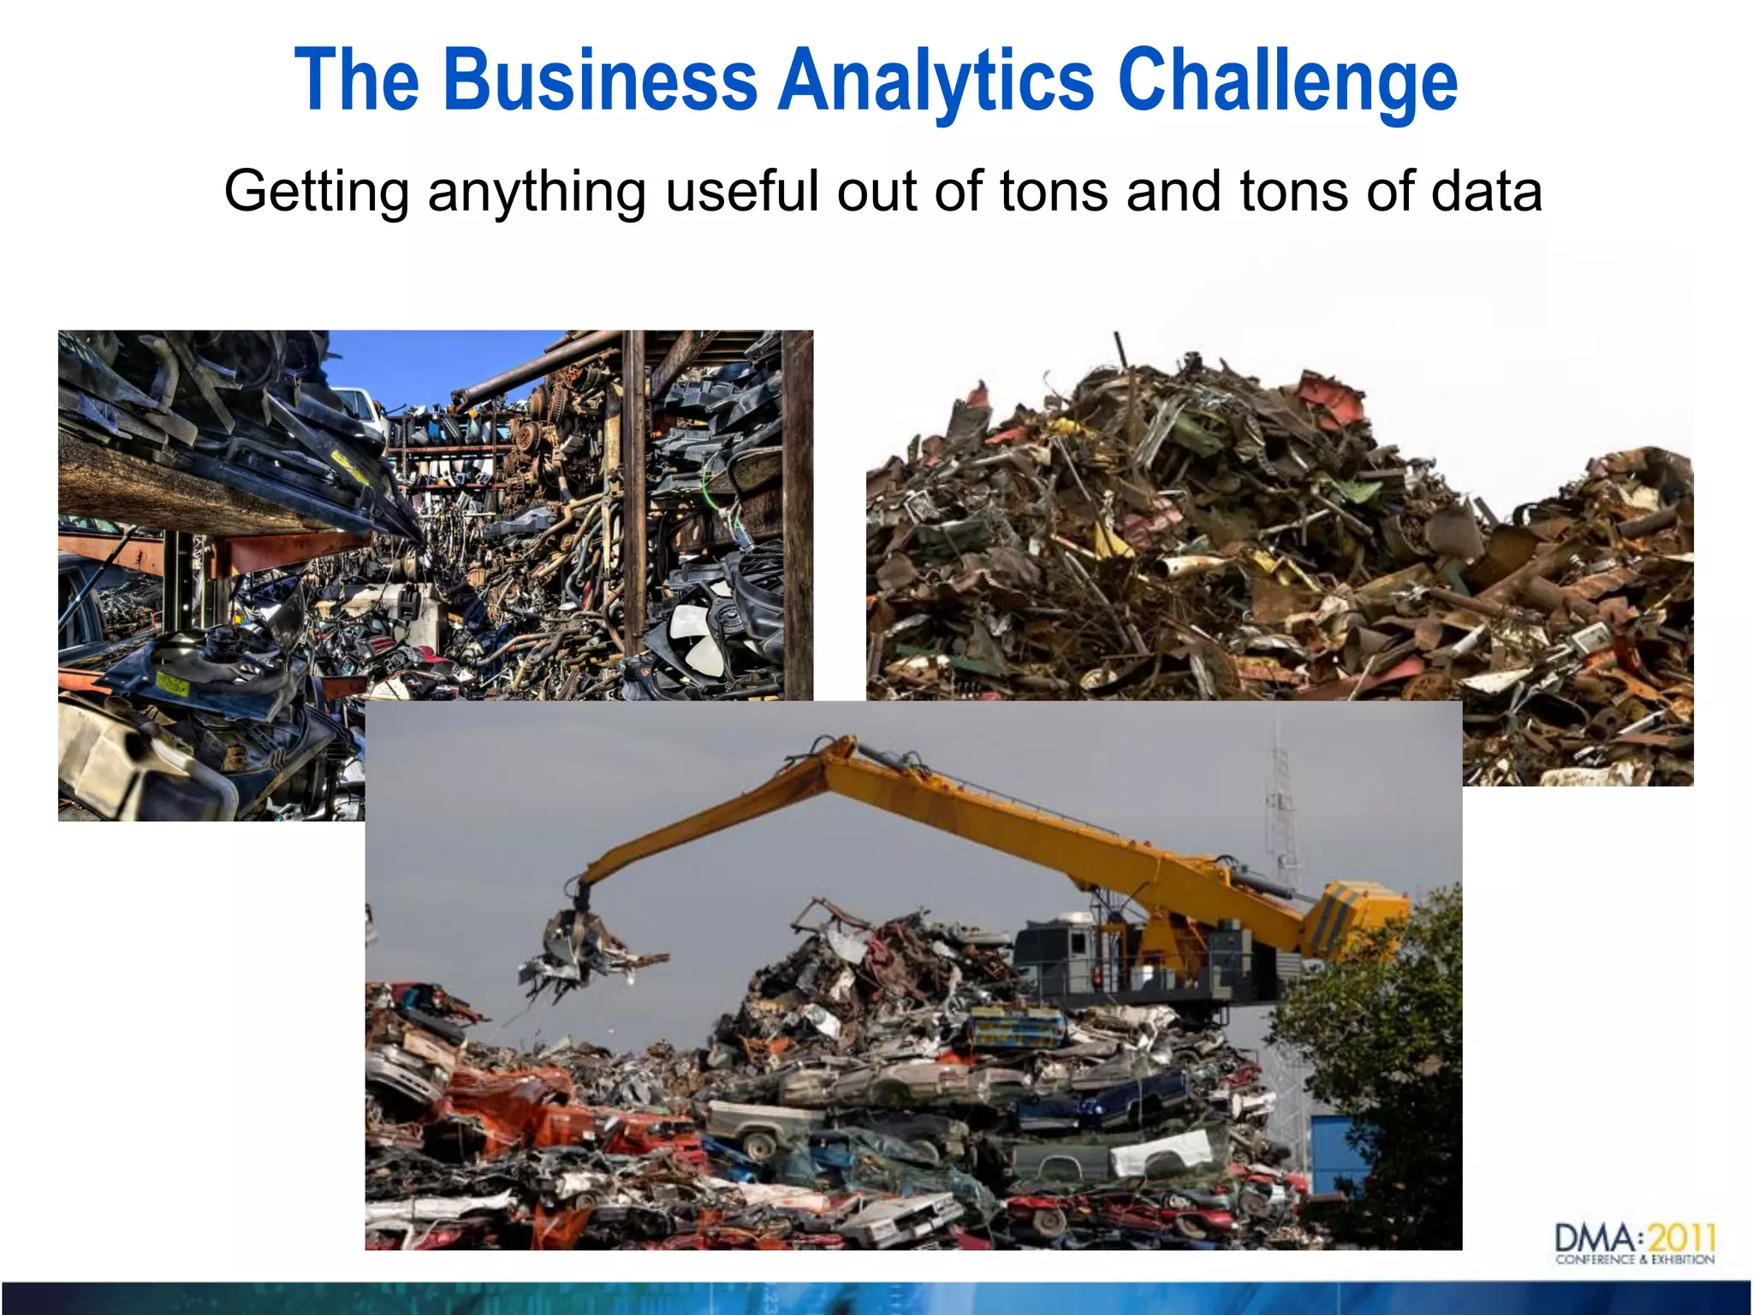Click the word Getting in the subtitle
pos(317,192)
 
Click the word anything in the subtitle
pos(537,192)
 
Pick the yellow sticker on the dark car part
pos(172,684)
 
